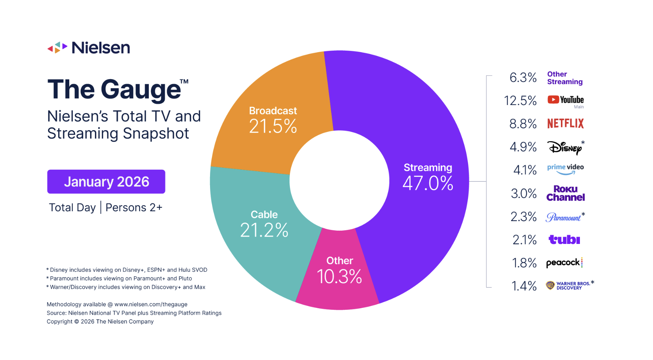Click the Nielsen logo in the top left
coord(89,48)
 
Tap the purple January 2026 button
coord(106,182)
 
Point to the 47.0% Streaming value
coord(428,183)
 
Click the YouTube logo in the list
coord(565,100)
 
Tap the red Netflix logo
coord(565,123)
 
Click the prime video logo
coord(565,169)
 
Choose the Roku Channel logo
coord(565,193)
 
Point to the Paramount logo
coord(564,217)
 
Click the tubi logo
coord(564,240)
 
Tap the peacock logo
coord(564,263)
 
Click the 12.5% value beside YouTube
coord(520,101)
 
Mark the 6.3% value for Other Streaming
coord(523,78)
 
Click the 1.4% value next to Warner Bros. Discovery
coord(524,286)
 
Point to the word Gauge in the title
coord(140,90)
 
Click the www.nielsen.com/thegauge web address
coord(151,304)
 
